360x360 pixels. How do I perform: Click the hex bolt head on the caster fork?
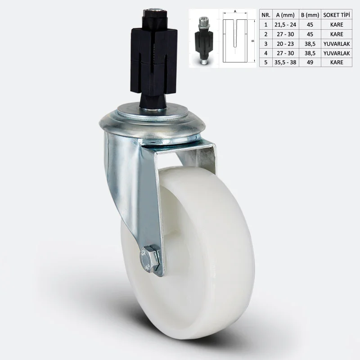150,258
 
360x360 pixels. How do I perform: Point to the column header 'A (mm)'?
285,15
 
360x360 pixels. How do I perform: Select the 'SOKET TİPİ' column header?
337,15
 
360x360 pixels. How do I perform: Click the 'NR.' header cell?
266,15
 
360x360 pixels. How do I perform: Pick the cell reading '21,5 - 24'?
285,25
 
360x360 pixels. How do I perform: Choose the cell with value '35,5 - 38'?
285,62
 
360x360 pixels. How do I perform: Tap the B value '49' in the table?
310,62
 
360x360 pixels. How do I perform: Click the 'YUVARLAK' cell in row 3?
337,44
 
